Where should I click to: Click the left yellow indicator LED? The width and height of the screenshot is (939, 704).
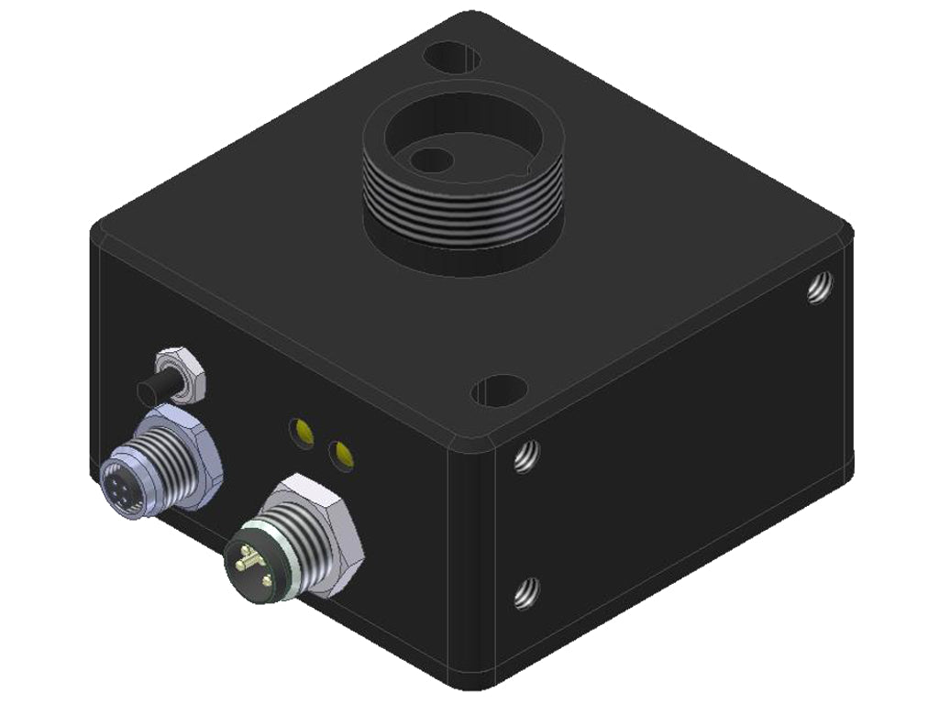click(300, 429)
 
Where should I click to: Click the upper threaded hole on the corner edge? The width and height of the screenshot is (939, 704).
click(525, 456)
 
